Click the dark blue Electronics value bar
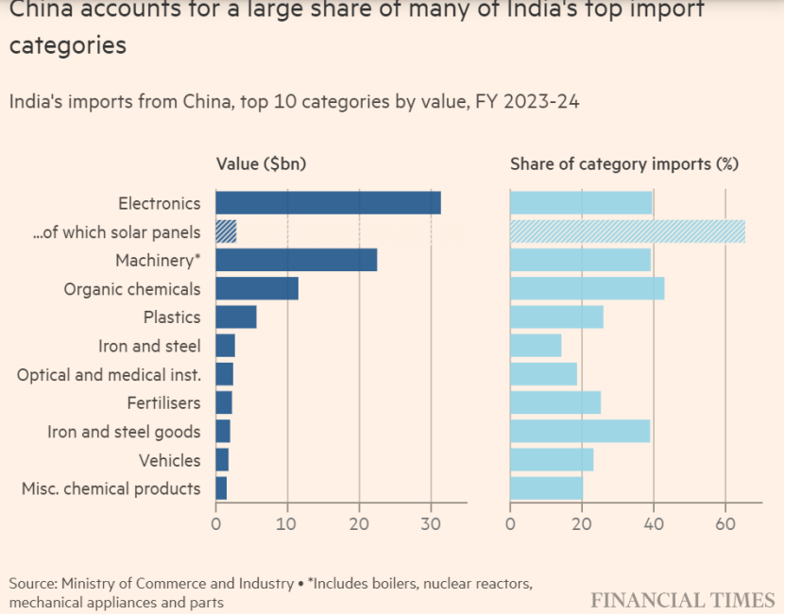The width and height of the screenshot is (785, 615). (x=328, y=203)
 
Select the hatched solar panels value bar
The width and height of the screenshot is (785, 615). (x=226, y=231)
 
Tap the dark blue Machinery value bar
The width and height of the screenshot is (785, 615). (x=296, y=260)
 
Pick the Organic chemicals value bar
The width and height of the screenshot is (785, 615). (x=257, y=289)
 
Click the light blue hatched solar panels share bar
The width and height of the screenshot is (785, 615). (x=627, y=231)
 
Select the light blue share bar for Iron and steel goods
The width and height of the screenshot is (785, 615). (x=580, y=432)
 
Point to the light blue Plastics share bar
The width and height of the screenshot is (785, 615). (x=556, y=317)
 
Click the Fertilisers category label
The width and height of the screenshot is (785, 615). (x=163, y=403)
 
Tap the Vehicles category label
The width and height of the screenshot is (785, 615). (x=169, y=460)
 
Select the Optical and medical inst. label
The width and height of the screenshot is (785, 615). (x=109, y=375)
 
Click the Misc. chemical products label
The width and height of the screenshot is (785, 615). (x=111, y=488)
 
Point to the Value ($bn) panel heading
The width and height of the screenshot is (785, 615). (x=261, y=163)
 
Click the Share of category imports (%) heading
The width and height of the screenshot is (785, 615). (x=624, y=163)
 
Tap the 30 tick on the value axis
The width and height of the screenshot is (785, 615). (x=431, y=520)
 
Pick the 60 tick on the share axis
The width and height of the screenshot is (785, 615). (x=725, y=520)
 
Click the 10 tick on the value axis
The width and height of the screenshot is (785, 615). (x=287, y=520)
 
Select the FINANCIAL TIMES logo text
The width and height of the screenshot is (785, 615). (x=683, y=600)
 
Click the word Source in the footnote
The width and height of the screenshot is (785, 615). (x=32, y=583)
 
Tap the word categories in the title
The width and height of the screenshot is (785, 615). (x=67, y=45)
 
